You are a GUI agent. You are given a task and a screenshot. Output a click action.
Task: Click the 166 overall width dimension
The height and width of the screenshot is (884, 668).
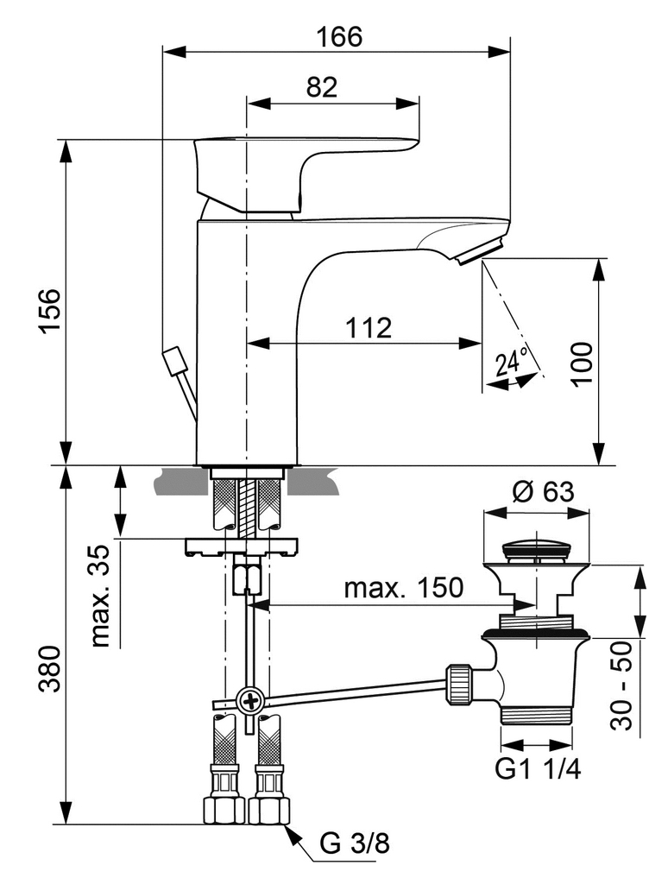(338, 37)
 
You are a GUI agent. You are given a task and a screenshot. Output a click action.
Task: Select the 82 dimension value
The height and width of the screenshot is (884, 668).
(320, 86)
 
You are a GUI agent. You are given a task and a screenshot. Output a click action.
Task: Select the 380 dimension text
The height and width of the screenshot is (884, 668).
(51, 670)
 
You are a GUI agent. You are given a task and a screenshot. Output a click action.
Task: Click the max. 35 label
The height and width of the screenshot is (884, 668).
(102, 595)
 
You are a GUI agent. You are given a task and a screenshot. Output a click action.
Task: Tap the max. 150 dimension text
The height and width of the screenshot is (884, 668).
(403, 589)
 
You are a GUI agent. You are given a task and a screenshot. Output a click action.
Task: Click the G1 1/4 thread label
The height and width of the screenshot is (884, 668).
(537, 769)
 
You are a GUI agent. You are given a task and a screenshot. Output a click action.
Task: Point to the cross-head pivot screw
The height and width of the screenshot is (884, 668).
(250, 699)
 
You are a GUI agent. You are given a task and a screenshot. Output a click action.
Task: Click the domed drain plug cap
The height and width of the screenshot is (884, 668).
(536, 549)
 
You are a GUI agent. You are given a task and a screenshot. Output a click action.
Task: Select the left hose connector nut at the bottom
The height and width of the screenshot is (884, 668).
(223, 810)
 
